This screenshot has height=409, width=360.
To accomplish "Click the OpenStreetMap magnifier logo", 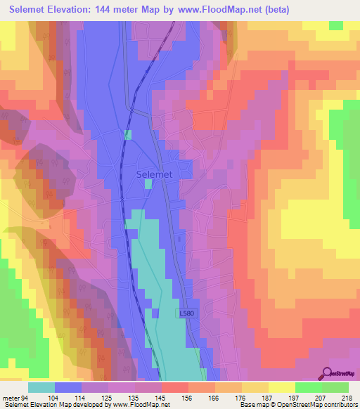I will pyautogui.click(x=326, y=373).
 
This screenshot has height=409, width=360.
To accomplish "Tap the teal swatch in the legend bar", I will pyautogui.click(x=41, y=387).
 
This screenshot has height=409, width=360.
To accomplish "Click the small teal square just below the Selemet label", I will pyautogui.click(x=148, y=184).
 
